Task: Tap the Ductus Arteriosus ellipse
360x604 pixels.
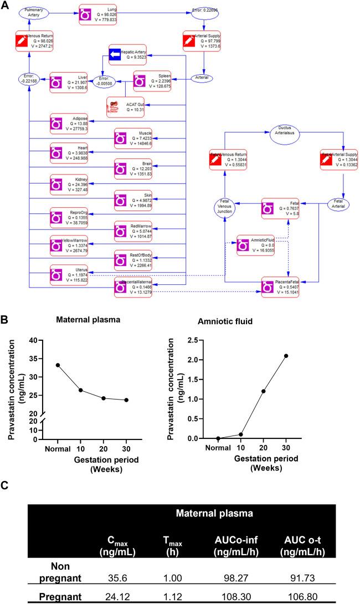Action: point(283,132)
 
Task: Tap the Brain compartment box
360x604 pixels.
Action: point(136,168)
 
